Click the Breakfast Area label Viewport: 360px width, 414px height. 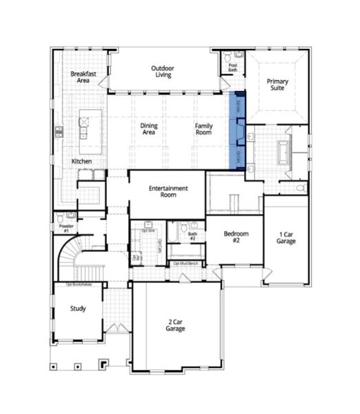click(83, 77)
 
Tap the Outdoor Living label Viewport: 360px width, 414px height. click(162, 71)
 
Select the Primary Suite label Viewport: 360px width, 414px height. click(278, 86)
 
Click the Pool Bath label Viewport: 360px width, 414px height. click(232, 68)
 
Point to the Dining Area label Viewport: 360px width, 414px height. click(149, 129)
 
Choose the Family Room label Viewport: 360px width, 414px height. click(203, 129)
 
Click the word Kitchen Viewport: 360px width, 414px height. click(82, 161)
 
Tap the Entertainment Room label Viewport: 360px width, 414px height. click(168, 191)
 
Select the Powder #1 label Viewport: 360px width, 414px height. click(67, 228)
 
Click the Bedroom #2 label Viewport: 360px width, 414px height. click(236, 237)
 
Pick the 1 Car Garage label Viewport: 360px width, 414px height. click(287, 237)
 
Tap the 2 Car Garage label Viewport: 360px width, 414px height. click(175, 325)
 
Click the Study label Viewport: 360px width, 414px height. click(78, 308)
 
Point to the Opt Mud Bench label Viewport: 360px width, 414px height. click(186, 264)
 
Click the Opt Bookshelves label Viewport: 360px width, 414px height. click(79, 284)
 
